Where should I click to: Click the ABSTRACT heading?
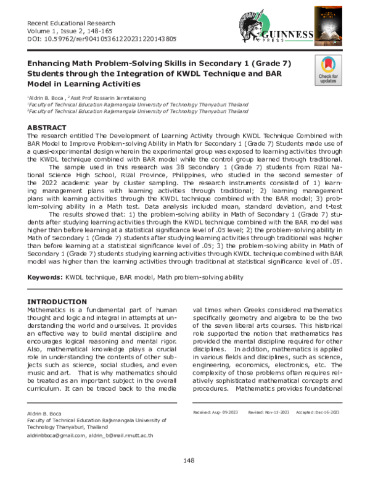point(46,128)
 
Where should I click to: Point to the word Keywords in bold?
point(46,278)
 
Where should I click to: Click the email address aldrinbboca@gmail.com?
point(56,436)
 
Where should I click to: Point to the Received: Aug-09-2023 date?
point(211,411)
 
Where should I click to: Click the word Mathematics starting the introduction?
point(49,310)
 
